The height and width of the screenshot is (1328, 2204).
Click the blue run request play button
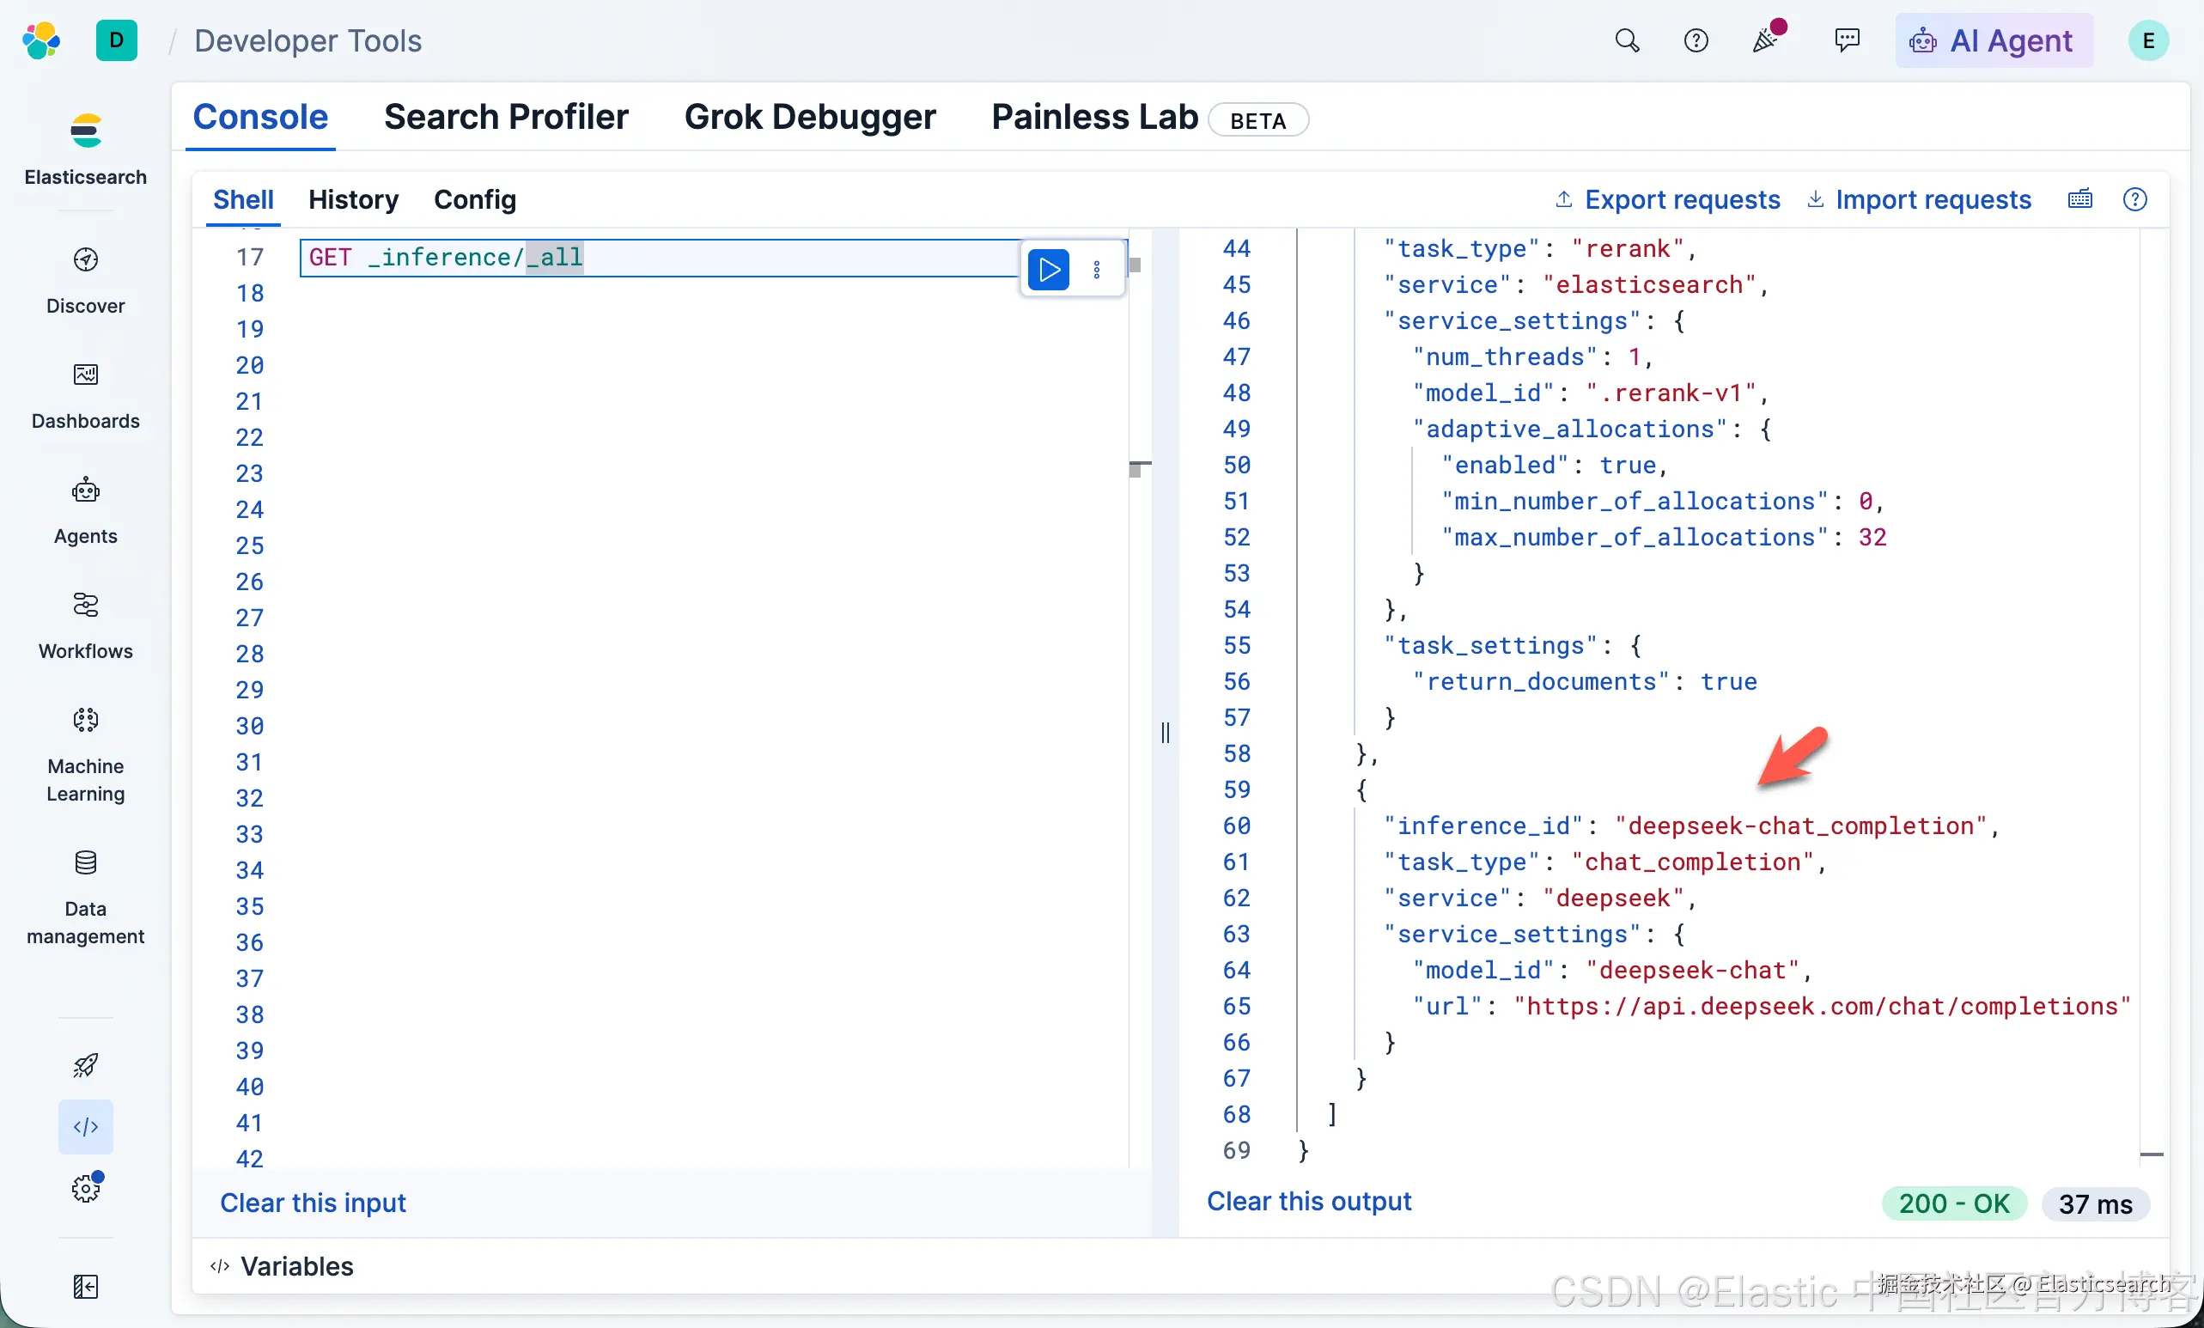pyautogui.click(x=1049, y=269)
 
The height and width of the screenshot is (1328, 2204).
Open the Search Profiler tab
pyautogui.click(x=505, y=117)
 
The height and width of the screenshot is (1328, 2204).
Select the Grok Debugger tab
pyautogui.click(x=809, y=117)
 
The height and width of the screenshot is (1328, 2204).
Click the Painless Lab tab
pyautogui.click(x=1095, y=117)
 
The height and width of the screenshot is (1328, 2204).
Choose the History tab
pyautogui.click(x=353, y=199)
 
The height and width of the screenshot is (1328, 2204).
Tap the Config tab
pyautogui.click(x=475, y=199)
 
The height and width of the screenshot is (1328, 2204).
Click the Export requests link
pyautogui.click(x=1668, y=199)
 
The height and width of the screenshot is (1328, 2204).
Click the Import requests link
pyautogui.click(x=1920, y=199)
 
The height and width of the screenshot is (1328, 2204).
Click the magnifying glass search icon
pyautogui.click(x=1627, y=40)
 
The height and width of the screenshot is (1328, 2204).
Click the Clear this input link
pyautogui.click(x=313, y=1203)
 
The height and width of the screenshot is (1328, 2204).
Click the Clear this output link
pyautogui.click(x=1309, y=1201)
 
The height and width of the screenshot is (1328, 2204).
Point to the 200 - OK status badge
pyautogui.click(x=1954, y=1203)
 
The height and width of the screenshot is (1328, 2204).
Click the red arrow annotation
pyautogui.click(x=1793, y=757)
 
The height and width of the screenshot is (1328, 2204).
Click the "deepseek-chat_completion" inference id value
pyautogui.click(x=1801, y=825)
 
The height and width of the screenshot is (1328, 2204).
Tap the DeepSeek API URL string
pyautogui.click(x=1822, y=1006)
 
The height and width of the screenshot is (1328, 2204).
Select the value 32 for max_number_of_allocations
pyautogui.click(x=1872, y=537)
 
